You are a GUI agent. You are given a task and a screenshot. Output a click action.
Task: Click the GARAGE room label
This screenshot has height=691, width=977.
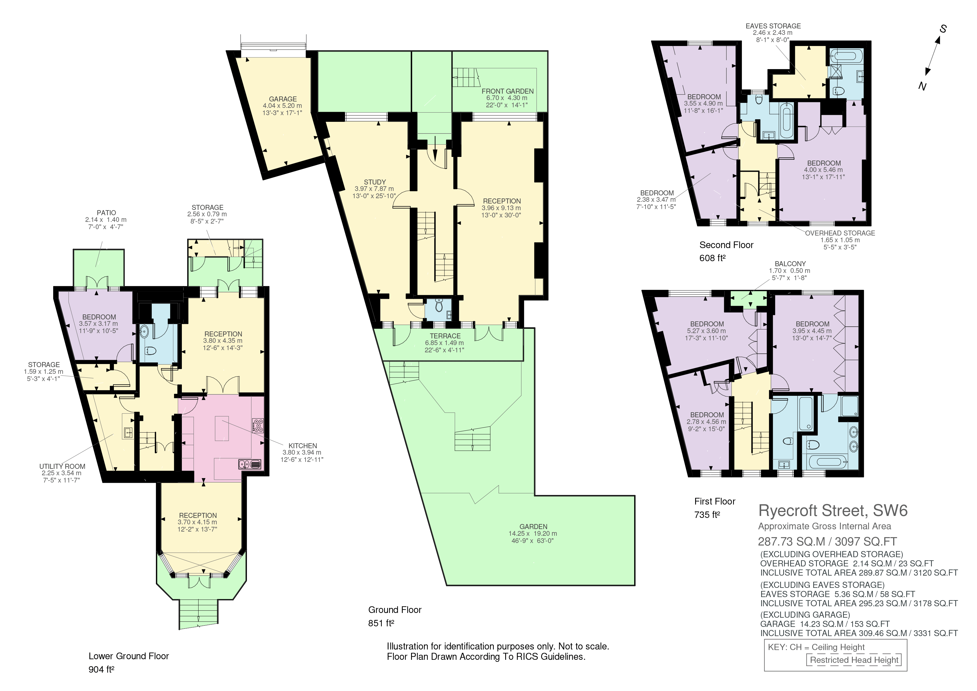[283, 99]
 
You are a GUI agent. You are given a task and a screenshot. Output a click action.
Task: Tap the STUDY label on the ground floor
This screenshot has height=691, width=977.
[375, 182]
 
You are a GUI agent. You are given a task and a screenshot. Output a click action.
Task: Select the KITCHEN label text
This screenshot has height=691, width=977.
[302, 446]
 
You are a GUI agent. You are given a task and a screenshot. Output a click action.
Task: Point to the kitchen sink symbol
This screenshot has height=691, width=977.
[249, 464]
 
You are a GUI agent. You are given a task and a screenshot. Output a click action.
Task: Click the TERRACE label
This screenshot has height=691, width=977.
[445, 336]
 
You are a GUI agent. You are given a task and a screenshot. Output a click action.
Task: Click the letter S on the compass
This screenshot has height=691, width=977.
[943, 29]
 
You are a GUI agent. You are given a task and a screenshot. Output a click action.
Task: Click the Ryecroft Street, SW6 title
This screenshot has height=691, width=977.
[833, 510]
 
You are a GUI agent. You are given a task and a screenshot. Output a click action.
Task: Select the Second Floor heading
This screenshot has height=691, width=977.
[726, 245]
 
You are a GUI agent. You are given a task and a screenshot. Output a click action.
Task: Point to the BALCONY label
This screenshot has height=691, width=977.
[790, 263]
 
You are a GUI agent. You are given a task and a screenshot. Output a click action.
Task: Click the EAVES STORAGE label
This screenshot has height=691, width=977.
[773, 26]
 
